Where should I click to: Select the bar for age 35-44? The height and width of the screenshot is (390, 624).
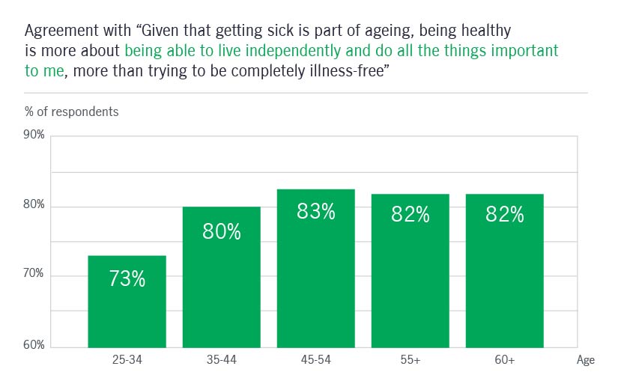221,277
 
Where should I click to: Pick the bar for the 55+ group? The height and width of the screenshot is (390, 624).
410,271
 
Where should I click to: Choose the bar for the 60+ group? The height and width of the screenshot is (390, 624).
504,271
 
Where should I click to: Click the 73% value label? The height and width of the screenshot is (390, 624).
127,279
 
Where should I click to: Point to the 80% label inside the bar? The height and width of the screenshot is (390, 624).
221,231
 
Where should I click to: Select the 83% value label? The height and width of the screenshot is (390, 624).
315,212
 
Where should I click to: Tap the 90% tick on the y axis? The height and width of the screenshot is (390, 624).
34,135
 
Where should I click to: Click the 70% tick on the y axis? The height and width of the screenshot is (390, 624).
34,275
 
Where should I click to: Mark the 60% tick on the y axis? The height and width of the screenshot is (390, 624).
34,345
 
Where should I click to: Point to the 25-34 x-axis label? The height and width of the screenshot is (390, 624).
127,361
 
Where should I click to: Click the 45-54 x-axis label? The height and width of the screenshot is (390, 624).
315,361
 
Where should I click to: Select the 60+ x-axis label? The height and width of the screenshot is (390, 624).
504,361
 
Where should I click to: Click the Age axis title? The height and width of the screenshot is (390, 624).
586,361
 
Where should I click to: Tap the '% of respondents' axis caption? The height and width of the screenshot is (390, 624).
71,112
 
